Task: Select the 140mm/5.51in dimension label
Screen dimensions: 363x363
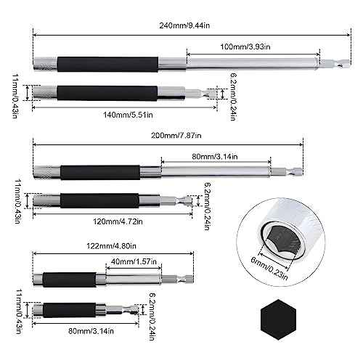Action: (124, 114)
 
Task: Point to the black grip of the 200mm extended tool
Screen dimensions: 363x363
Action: (109, 172)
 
